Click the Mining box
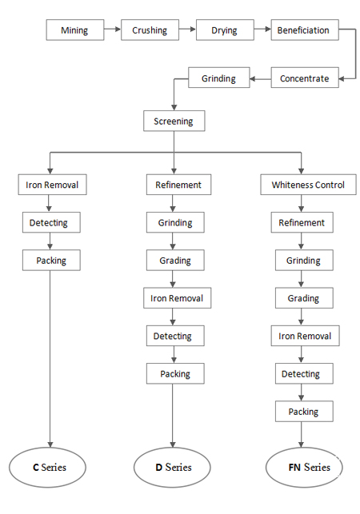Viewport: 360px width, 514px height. (75, 30)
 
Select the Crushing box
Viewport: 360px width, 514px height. (150, 30)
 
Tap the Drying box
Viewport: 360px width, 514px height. (225, 30)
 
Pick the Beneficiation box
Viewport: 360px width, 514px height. (305, 30)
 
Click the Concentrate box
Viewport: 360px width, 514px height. (305, 78)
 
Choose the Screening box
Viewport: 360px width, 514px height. (174, 121)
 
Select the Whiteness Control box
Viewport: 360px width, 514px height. (308, 185)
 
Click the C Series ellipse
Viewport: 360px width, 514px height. (47, 467)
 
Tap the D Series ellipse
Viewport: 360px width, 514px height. (172, 467)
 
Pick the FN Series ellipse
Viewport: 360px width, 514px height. (304, 467)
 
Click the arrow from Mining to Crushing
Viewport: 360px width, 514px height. (113, 30)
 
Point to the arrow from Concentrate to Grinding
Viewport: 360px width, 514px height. (260, 78)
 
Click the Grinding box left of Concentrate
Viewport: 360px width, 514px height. (219, 78)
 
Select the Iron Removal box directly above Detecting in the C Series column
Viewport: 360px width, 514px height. (53, 185)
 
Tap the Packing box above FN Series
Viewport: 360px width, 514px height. (304, 411)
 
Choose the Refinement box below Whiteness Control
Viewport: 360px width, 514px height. (302, 222)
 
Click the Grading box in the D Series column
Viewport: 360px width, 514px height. (175, 260)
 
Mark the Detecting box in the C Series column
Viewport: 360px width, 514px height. (51, 222)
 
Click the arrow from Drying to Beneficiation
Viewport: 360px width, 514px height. (262, 30)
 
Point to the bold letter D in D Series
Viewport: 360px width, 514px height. (159, 467)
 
